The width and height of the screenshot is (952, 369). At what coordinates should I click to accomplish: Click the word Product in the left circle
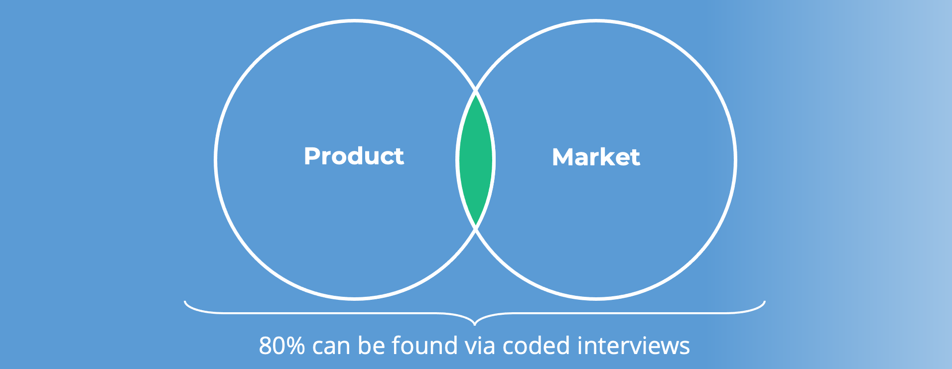point(354,156)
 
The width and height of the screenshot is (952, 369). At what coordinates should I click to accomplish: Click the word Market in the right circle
point(596,157)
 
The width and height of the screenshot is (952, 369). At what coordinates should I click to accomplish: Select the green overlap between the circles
point(476,160)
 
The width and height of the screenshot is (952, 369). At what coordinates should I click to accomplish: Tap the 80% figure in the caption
point(282,346)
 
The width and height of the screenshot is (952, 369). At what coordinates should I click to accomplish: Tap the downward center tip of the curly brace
point(475,325)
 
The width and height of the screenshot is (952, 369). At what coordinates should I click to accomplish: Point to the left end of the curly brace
point(185,301)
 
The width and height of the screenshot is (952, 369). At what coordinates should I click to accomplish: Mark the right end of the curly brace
point(765,301)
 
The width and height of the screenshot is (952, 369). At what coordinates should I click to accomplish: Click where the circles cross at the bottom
point(476,228)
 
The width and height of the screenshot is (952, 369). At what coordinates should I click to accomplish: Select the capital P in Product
point(312,156)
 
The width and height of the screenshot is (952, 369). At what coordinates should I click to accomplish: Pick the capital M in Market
point(563,157)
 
